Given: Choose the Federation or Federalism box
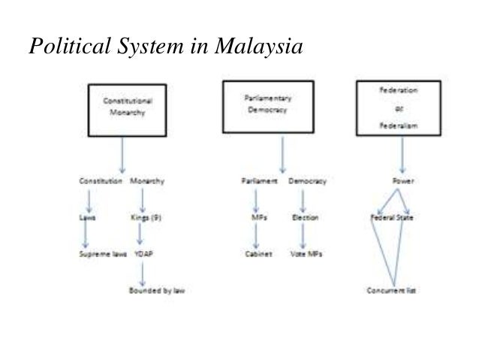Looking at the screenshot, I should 398,107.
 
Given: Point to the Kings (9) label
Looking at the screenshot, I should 143,218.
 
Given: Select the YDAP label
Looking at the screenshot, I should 143,254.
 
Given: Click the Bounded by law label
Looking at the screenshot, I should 157,291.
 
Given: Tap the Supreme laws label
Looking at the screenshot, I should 103,254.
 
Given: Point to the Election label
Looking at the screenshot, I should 304,218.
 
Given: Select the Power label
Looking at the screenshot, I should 403,181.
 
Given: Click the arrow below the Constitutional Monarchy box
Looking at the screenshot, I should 122,154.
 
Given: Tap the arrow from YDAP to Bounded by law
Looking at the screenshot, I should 143,272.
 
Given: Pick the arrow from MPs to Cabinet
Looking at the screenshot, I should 256,236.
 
